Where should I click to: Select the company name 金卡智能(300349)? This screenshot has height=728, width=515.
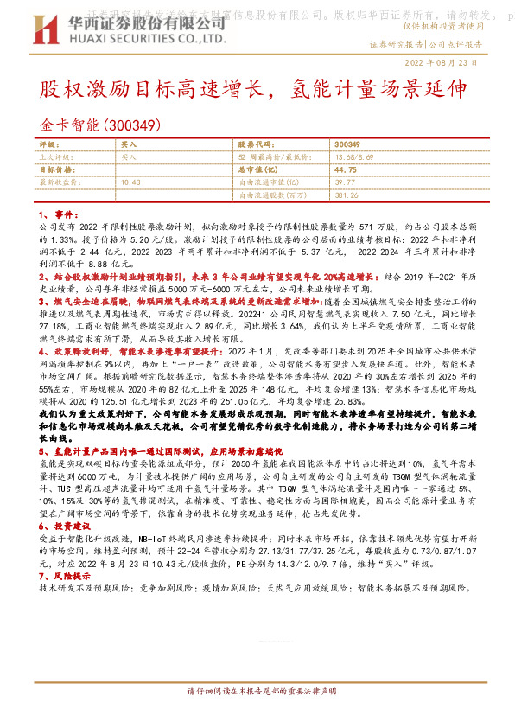click(100, 125)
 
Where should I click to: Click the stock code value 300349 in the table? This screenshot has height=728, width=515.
click(347, 144)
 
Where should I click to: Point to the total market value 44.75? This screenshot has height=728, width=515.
click(345, 170)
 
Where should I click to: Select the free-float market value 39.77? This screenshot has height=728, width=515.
click(344, 182)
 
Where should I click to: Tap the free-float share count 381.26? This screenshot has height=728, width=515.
click(347, 195)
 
